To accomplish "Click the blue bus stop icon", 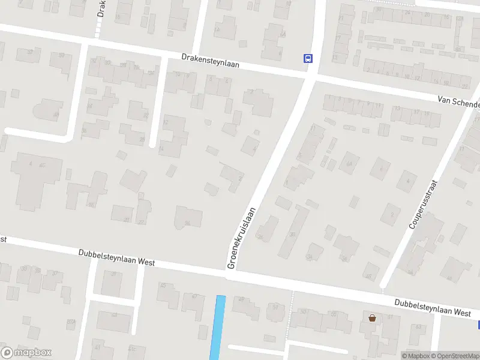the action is click(308, 58).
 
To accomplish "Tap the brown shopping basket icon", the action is click(373, 317).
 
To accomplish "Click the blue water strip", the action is click(218, 327).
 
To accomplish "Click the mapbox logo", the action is click(26, 353).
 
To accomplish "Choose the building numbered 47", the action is click(193, 304).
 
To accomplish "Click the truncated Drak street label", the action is click(101, 11).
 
